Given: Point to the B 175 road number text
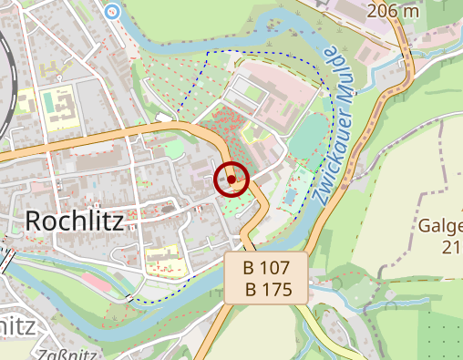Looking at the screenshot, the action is click(x=266, y=290).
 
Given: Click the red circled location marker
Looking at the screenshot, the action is click(x=231, y=180).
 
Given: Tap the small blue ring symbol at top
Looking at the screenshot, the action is click(x=112, y=11).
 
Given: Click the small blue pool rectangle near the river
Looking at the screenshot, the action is click(x=293, y=191).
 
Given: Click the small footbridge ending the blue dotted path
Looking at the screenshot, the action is click(x=135, y=299).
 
